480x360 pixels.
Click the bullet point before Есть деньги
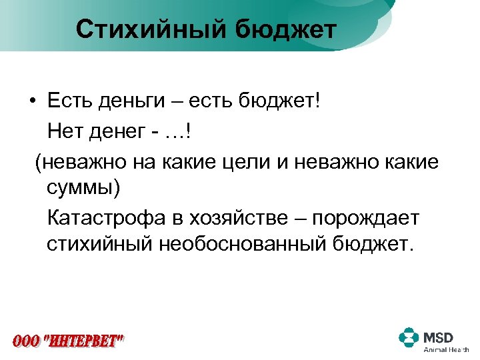[32, 103]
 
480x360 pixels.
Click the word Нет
[66, 132]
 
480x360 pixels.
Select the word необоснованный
[242, 245]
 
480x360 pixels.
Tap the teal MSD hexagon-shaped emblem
[409, 337]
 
